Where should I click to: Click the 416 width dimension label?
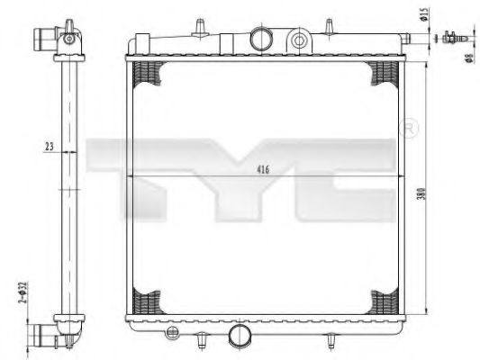tap(262, 169)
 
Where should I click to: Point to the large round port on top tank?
tap(262, 39)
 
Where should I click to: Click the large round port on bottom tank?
tap(240, 336)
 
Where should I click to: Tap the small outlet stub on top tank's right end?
tap(407, 38)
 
